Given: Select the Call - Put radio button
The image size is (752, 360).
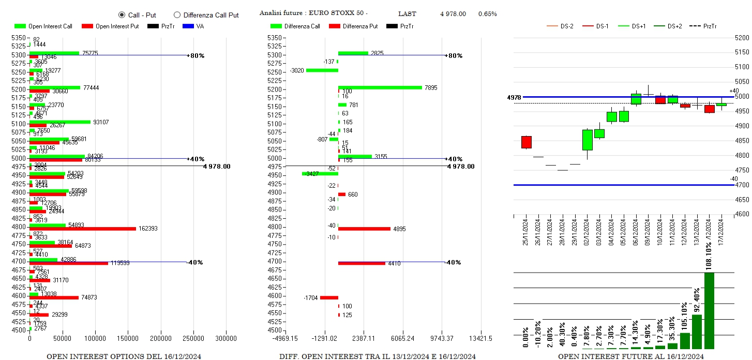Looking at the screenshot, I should click(x=122, y=15).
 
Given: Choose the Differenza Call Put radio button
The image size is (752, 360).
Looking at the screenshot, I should click(x=177, y=15).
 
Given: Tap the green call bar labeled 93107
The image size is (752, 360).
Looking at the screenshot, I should click(x=60, y=122).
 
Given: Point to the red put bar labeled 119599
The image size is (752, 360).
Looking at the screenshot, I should click(x=69, y=263).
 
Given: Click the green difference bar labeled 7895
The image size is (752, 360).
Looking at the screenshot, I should click(x=380, y=87).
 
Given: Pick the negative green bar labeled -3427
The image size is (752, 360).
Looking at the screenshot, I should click(x=320, y=174).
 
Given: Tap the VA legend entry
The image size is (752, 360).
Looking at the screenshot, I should click(x=193, y=26).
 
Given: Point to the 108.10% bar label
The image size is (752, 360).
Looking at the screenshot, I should click(x=709, y=254).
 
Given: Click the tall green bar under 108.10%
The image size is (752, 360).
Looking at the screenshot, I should click(x=709, y=310).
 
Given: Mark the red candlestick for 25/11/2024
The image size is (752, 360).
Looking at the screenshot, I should click(x=527, y=142).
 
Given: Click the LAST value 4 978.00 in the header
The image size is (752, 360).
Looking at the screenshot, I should click(x=453, y=14).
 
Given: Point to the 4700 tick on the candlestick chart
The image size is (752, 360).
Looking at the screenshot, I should click(x=742, y=185).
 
